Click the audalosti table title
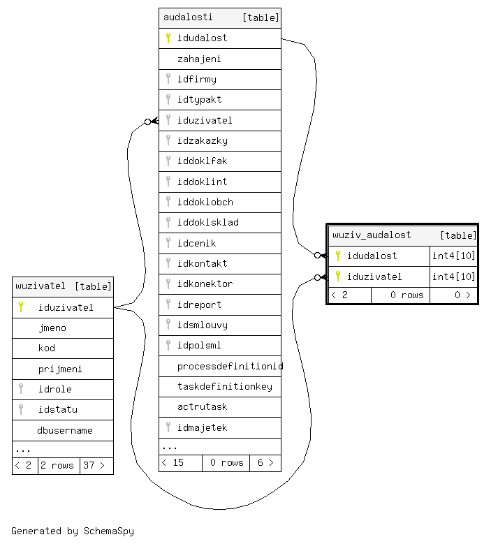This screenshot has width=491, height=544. click(x=188, y=17)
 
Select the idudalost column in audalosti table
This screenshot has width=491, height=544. click(x=202, y=38)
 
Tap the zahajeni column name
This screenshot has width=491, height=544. click(x=199, y=59)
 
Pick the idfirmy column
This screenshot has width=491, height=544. click(x=196, y=80)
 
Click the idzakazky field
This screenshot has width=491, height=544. click(x=202, y=141)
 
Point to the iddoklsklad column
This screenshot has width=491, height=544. click(x=207, y=223)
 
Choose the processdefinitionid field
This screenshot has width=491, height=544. click(x=230, y=366)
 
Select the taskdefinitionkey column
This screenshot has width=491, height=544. click(x=224, y=386)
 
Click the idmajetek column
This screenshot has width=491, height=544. click(x=202, y=427)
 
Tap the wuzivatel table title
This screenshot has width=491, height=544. click(x=41, y=286)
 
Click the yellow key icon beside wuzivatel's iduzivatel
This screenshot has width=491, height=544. click(x=21, y=307)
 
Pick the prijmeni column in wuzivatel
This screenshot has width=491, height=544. click(x=61, y=369)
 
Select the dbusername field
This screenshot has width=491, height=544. click(x=65, y=430)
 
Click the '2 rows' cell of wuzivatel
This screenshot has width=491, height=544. click(x=58, y=465)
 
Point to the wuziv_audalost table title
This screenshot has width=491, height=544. click(x=372, y=235)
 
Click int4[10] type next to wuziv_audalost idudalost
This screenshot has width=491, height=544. click(x=453, y=256)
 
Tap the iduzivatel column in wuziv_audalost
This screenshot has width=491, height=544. click(x=374, y=277)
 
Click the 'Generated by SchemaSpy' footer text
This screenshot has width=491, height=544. click(x=73, y=531)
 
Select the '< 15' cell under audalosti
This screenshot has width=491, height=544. click(x=173, y=462)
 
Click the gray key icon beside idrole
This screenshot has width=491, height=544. click(x=21, y=389)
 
